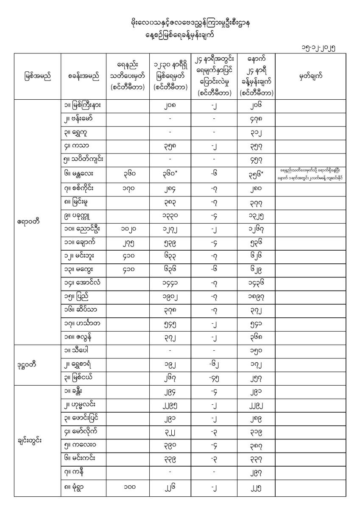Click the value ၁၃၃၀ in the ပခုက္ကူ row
point(168,215)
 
